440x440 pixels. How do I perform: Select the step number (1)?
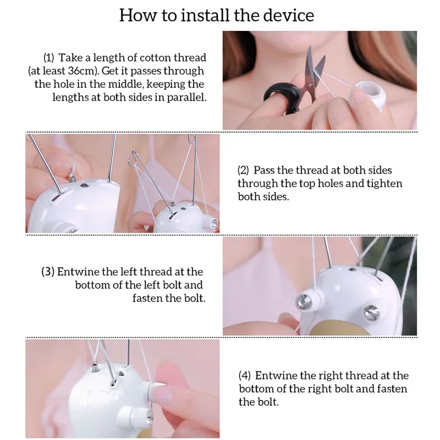point(48,58)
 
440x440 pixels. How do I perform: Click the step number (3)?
point(48,272)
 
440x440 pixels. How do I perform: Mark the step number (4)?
point(245,376)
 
